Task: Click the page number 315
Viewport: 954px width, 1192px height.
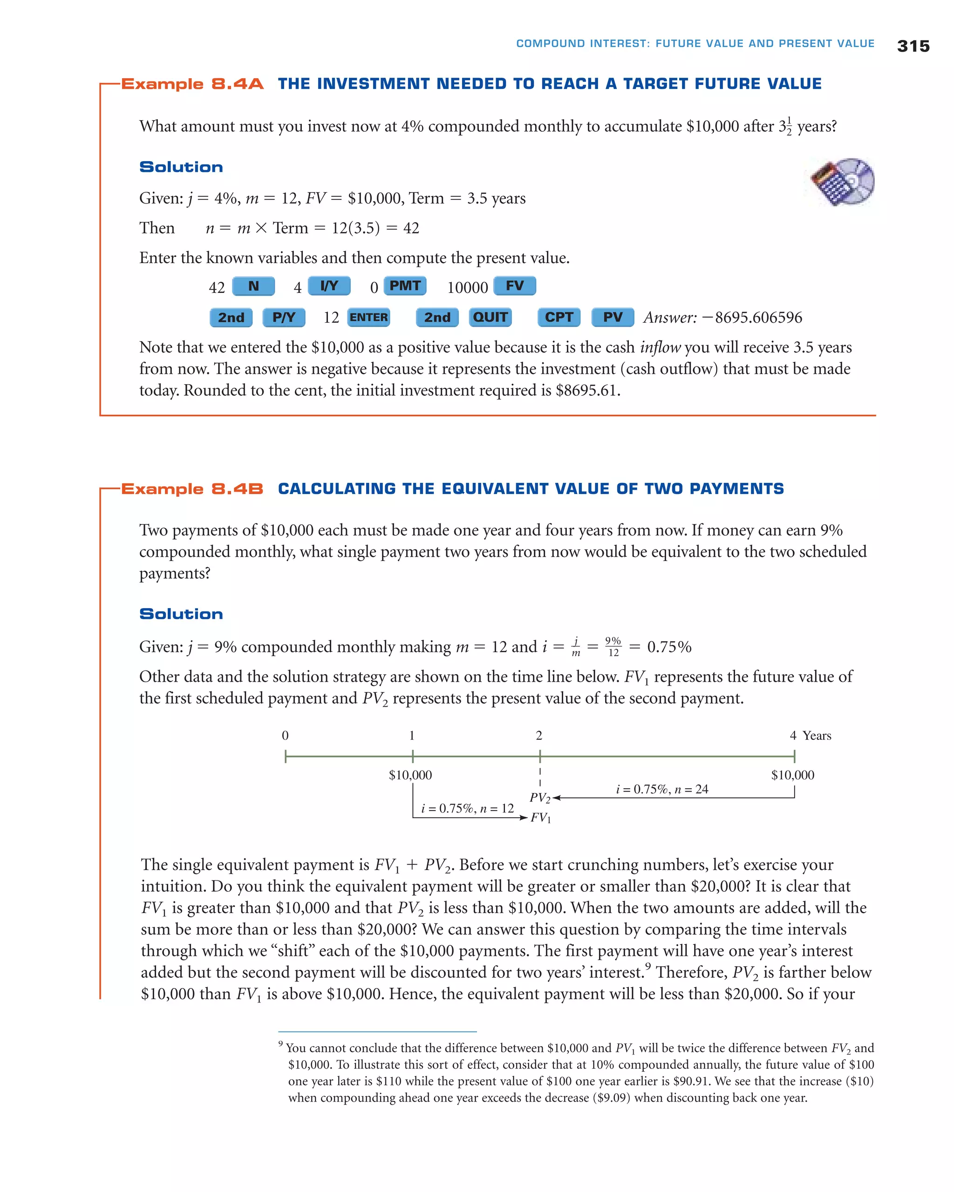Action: [x=913, y=46]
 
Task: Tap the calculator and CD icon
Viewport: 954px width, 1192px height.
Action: [x=842, y=182]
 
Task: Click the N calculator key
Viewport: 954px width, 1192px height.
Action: [x=253, y=286]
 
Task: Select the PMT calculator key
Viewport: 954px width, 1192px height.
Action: [x=405, y=286]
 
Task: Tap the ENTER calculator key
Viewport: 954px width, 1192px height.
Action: [x=369, y=318]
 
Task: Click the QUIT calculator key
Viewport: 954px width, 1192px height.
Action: [x=490, y=318]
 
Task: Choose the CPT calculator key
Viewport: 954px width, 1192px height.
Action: [x=559, y=318]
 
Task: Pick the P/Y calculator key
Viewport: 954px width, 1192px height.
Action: [x=284, y=318]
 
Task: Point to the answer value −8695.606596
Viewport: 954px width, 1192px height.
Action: [x=752, y=318]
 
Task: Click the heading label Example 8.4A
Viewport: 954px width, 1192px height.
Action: [x=192, y=84]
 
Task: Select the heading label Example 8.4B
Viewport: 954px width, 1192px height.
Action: [x=192, y=489]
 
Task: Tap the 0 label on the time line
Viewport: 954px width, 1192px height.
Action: [x=286, y=735]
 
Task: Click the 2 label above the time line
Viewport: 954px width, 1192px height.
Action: [x=539, y=735]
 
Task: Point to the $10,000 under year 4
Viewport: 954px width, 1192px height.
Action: [x=792, y=775]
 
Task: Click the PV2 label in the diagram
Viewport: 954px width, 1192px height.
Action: [x=540, y=798]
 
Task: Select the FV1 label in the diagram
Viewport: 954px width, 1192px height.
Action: [x=540, y=818]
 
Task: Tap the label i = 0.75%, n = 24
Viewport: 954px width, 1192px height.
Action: [x=662, y=789]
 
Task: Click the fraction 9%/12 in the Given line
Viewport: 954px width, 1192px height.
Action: [x=613, y=646]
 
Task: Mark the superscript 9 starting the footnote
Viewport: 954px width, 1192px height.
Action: [x=281, y=1044]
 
